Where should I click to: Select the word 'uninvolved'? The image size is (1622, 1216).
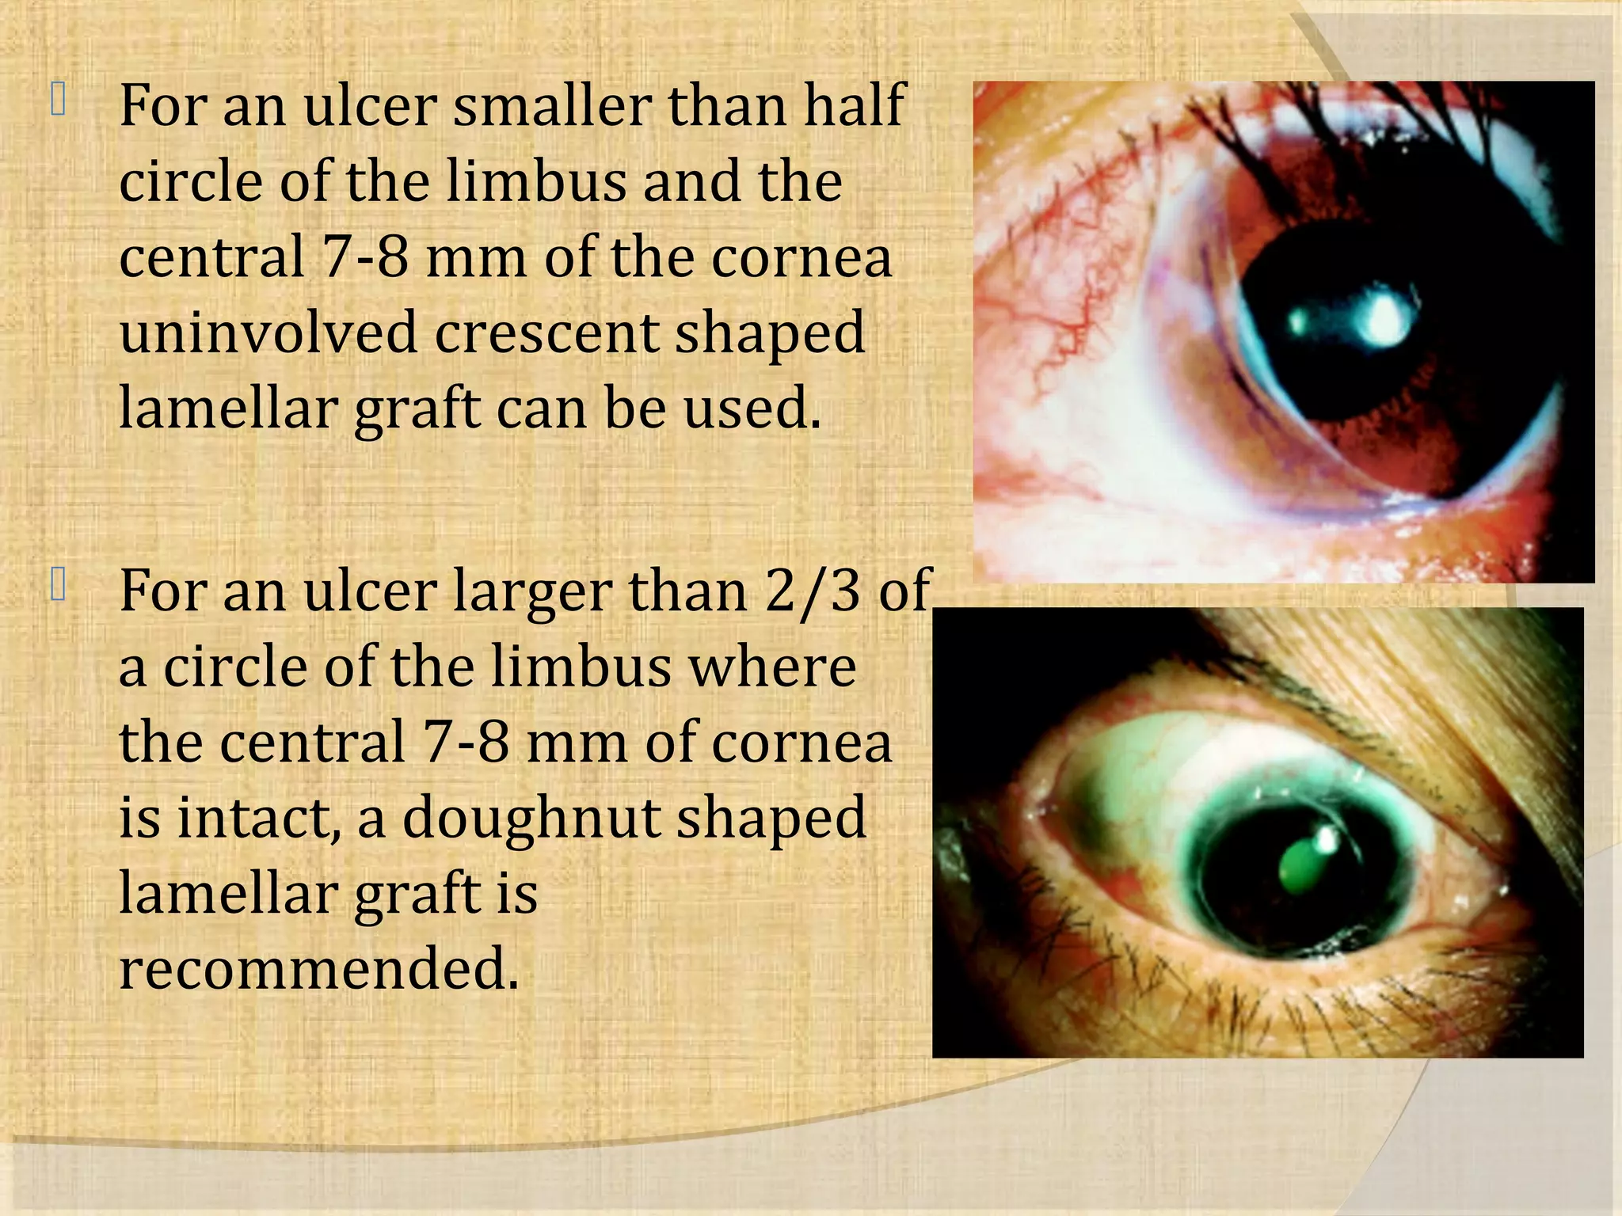268,332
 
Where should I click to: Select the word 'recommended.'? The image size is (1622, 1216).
318,969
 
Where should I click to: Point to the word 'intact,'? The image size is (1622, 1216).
257,817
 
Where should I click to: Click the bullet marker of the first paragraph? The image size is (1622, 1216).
58,102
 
